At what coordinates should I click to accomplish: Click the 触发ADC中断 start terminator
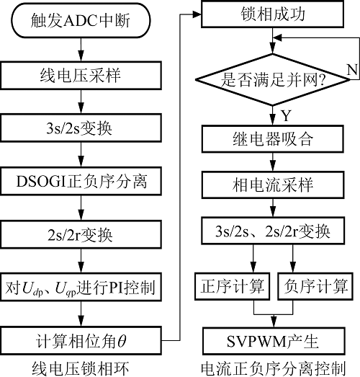(81, 20)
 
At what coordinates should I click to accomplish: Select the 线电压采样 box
(81, 75)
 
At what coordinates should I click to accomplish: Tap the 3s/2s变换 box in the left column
(81, 128)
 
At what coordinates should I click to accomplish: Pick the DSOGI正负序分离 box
(81, 181)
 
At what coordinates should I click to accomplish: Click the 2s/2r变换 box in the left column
(81, 235)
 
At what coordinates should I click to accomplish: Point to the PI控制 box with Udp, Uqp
(81, 287)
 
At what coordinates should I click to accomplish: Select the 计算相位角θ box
(81, 340)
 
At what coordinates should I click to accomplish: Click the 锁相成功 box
(273, 14)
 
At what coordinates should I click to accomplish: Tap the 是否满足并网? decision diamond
(273, 79)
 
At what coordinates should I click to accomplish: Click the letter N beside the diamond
(352, 69)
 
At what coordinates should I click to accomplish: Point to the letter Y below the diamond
(286, 115)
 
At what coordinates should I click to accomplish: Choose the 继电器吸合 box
(273, 139)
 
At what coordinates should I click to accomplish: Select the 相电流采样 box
(273, 185)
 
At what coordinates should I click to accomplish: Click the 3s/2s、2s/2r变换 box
(273, 231)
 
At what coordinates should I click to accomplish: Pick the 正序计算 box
(232, 286)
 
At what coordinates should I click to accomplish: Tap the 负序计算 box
(315, 286)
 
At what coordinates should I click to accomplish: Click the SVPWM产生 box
(274, 341)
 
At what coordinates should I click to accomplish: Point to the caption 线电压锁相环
(81, 368)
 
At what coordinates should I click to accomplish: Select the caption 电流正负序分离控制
(274, 368)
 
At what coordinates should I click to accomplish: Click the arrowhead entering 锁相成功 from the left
(197, 14)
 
